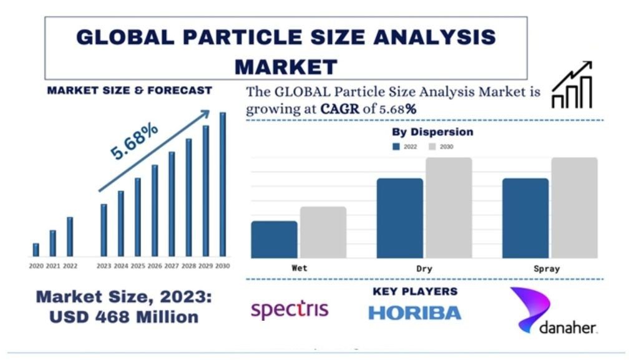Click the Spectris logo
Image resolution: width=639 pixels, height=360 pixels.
tap(289, 309)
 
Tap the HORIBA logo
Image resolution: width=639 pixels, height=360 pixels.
tap(414, 313)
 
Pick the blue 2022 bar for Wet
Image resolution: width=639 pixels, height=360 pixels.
tap(274, 240)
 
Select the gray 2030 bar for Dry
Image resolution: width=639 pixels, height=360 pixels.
tap(449, 208)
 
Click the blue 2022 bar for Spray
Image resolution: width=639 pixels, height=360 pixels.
tap(525, 218)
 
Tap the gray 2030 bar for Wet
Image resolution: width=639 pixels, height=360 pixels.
tap(323, 232)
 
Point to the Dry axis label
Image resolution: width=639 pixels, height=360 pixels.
tap(424, 268)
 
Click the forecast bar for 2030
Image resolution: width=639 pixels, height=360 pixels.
tap(222, 185)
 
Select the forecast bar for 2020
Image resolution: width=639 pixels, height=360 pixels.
tap(36, 250)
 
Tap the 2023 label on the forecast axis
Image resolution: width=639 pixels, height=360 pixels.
tap(104, 266)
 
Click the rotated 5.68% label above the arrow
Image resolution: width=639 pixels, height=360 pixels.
tap(134, 142)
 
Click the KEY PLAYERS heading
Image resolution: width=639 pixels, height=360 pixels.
tap(415, 291)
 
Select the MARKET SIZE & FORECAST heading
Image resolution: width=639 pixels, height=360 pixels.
tap(130, 90)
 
